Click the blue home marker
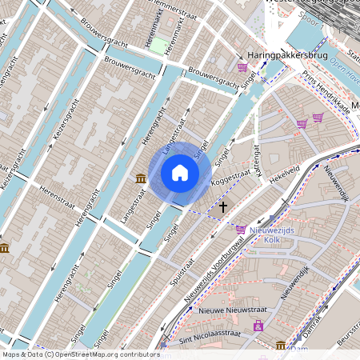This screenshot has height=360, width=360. (x=180, y=173)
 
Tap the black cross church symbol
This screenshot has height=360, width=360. (x=223, y=206)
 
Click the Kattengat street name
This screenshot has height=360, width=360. (x=258, y=159)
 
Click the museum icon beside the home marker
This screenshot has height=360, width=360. (x=141, y=178)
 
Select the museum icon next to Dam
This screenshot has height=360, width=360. (x=281, y=346)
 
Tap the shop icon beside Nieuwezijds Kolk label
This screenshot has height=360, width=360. (x=241, y=230)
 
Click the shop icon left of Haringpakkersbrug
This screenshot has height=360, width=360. (x=242, y=67)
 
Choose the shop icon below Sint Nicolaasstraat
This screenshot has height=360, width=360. (x=258, y=326)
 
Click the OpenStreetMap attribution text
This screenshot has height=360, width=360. (x=80, y=354)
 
